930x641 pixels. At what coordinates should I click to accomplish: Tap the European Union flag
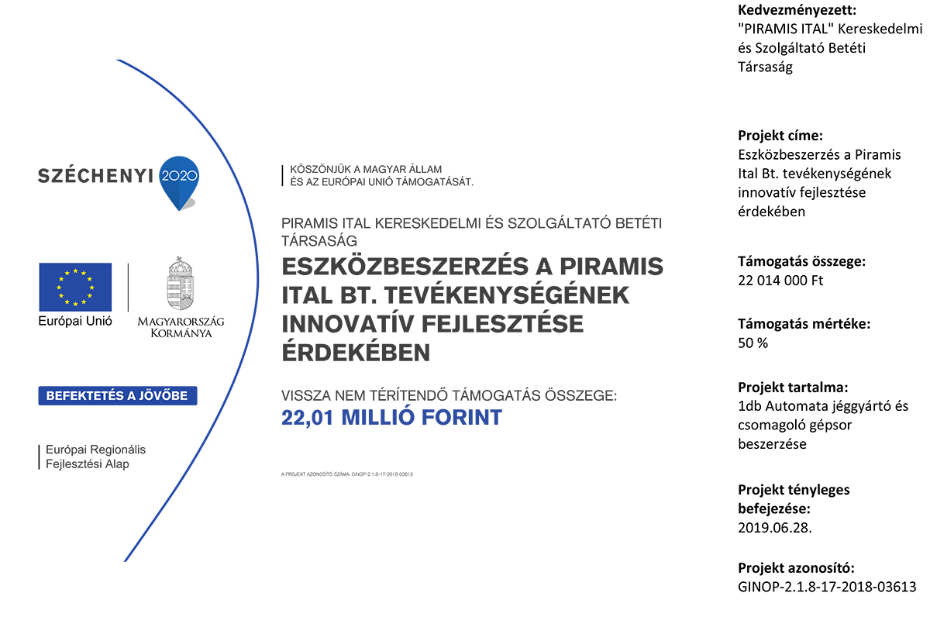(x=75, y=287)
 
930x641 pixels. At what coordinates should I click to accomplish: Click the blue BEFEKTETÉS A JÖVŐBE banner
(x=118, y=395)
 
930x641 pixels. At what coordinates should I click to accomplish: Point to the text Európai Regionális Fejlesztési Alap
(x=95, y=457)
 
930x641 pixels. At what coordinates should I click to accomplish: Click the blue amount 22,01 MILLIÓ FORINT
(x=391, y=418)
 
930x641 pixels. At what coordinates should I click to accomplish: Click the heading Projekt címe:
(x=780, y=134)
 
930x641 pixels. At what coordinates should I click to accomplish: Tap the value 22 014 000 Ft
(x=780, y=280)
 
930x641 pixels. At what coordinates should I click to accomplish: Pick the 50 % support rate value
(x=753, y=343)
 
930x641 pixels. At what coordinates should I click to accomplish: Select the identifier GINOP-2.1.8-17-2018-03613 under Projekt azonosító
(x=827, y=587)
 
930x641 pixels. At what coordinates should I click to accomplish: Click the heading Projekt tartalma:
(x=792, y=387)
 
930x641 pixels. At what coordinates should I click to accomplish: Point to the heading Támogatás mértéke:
(x=804, y=324)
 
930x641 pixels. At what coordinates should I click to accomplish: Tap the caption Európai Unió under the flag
(x=75, y=321)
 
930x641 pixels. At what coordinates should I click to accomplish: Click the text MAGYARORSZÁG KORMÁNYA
(x=174, y=326)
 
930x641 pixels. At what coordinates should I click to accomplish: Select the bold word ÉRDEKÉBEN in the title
(x=356, y=353)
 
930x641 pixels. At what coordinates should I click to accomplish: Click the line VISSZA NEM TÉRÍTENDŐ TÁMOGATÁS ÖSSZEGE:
(x=449, y=395)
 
